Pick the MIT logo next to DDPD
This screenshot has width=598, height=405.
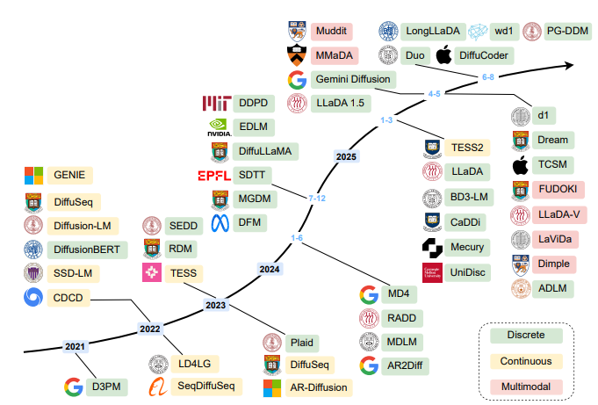point(216,104)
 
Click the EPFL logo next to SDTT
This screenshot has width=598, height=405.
point(214,175)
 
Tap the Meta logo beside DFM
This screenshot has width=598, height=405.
point(220,222)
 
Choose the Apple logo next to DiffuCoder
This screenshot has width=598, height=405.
point(447,55)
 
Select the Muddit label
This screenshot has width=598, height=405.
point(331,31)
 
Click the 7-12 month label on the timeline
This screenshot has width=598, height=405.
point(317,199)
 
